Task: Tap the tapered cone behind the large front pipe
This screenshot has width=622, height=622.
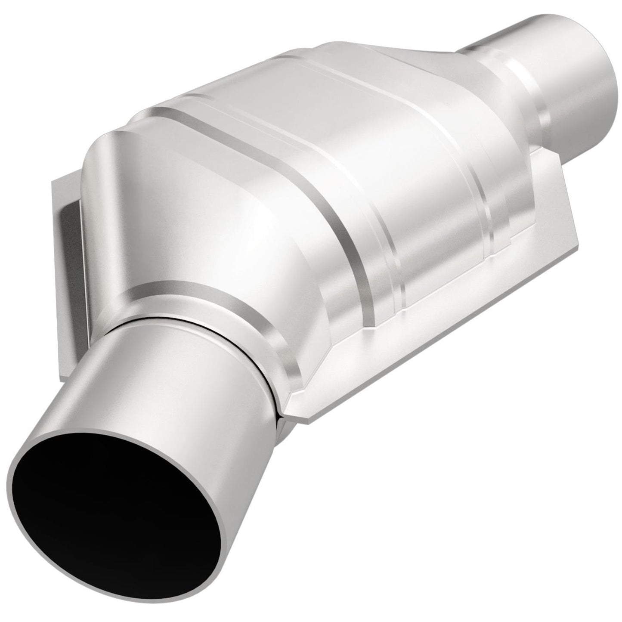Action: click(x=172, y=215)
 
